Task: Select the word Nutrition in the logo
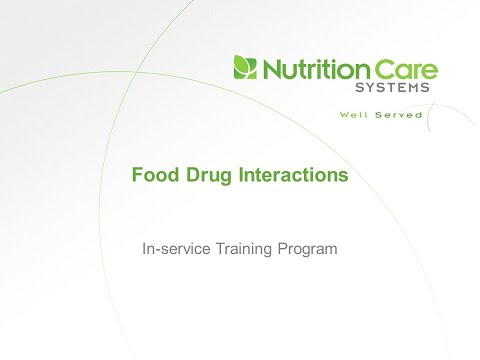click(309, 69)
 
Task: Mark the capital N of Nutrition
click(270, 69)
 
